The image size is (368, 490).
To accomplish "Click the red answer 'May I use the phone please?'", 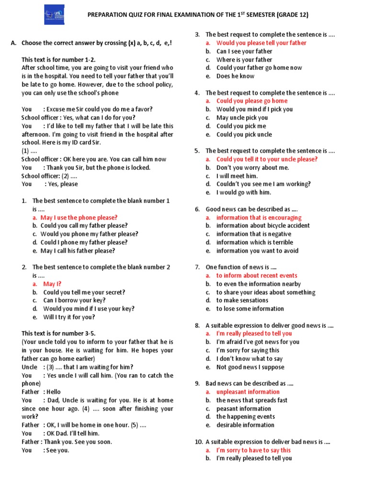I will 79,217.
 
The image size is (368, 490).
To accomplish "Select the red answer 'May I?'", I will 52,284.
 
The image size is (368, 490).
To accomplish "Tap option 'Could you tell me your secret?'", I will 84,292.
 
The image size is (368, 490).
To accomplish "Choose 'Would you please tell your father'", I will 261,43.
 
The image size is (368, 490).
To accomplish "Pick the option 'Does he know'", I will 235,76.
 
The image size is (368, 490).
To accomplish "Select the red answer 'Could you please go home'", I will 252,101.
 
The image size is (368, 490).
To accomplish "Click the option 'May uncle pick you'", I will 242,118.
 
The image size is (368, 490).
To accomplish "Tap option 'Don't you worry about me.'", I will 253,167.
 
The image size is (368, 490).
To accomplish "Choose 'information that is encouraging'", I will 259,218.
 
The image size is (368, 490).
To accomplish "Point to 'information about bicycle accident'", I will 263,226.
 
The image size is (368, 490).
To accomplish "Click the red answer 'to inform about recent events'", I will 256,276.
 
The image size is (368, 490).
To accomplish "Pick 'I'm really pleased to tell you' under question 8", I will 253,334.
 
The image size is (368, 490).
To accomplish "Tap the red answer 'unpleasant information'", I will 248,392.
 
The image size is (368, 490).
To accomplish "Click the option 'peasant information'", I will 243,409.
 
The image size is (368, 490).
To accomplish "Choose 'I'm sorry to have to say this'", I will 253,450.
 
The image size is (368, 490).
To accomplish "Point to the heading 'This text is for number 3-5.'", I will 61,333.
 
